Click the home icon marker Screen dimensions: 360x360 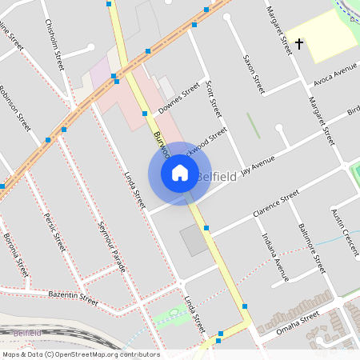(180, 173)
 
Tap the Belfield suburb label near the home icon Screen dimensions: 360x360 (216, 176)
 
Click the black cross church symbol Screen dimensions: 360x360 (299, 43)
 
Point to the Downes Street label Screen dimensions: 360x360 (178, 99)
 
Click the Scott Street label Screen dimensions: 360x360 (211, 96)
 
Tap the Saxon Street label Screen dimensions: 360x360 (254, 74)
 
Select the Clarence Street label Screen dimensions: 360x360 (275, 203)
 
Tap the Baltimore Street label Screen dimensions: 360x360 (312, 249)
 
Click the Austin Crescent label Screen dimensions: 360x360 (345, 232)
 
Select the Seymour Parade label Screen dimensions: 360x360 (111, 246)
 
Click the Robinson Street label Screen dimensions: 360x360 (14, 109)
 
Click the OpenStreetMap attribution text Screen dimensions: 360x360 (81, 354)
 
